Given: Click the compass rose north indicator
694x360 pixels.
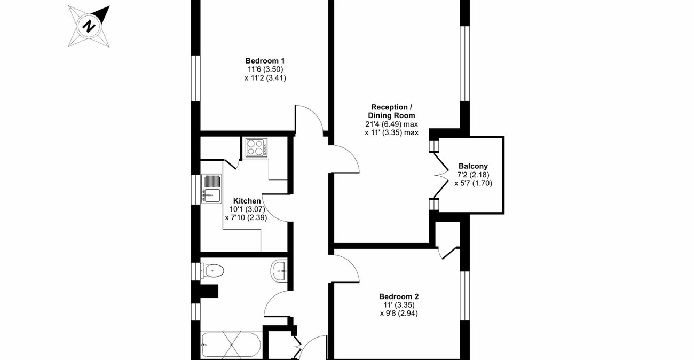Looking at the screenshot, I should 89,26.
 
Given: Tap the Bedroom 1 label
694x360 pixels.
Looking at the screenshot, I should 265,60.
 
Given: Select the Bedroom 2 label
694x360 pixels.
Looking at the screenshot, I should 398,296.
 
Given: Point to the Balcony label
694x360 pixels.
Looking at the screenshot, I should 472,166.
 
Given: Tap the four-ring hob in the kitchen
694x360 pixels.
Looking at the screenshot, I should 256,147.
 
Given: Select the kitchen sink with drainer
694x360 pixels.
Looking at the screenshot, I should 211,189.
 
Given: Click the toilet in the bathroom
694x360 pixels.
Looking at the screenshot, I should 211,271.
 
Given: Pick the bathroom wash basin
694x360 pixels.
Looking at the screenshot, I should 280,270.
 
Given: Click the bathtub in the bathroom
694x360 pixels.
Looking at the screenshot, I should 231,346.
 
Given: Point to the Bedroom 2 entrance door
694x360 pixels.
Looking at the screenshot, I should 345,267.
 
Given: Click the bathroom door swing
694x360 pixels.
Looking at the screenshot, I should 278,307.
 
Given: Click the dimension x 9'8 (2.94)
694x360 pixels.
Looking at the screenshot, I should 398,314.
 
